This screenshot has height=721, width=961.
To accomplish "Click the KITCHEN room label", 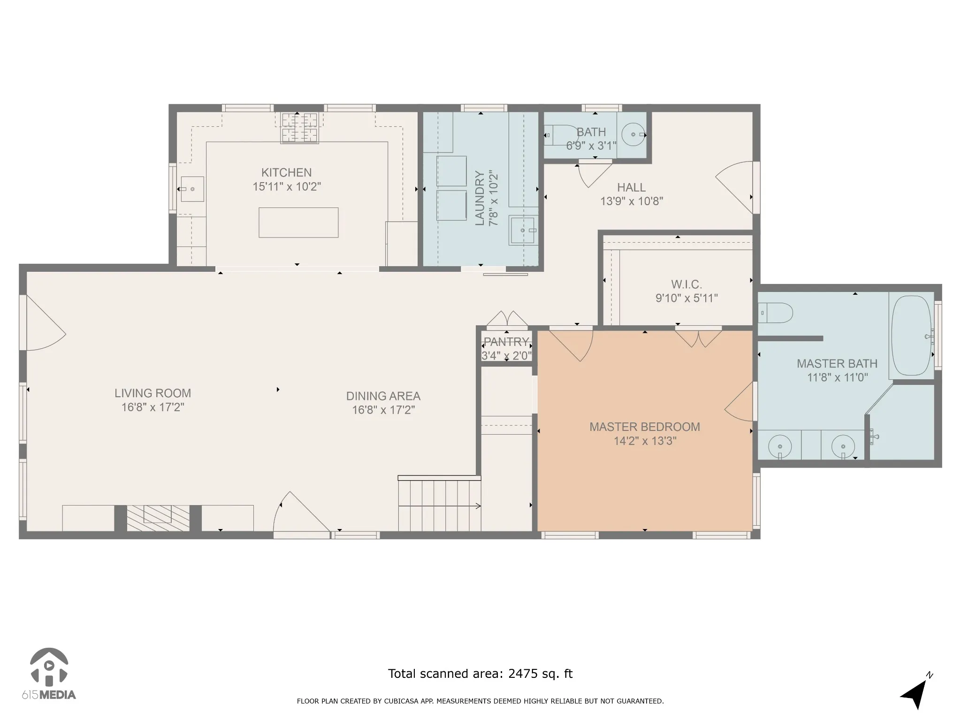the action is (286, 172).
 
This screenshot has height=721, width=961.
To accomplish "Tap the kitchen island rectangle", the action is (298, 222).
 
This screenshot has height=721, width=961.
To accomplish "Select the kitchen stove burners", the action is (299, 128).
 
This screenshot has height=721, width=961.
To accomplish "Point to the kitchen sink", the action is (192, 189).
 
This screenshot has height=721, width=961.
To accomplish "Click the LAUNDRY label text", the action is (480, 198).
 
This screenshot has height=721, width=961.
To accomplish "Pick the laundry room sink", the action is (523, 230).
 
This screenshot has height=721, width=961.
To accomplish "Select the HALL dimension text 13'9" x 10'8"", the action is (632, 201).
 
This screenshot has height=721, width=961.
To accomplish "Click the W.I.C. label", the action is (686, 284).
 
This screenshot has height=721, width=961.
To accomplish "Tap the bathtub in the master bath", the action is (911, 335).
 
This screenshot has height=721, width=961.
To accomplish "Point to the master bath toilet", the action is (776, 313).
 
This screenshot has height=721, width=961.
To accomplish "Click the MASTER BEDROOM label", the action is (645, 427).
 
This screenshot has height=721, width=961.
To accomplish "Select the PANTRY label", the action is (507, 342).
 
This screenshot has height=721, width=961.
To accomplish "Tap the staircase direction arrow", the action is (440, 506).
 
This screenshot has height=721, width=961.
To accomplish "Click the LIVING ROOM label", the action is (153, 393).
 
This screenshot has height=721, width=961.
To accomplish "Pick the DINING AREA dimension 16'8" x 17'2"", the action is (383, 410).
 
